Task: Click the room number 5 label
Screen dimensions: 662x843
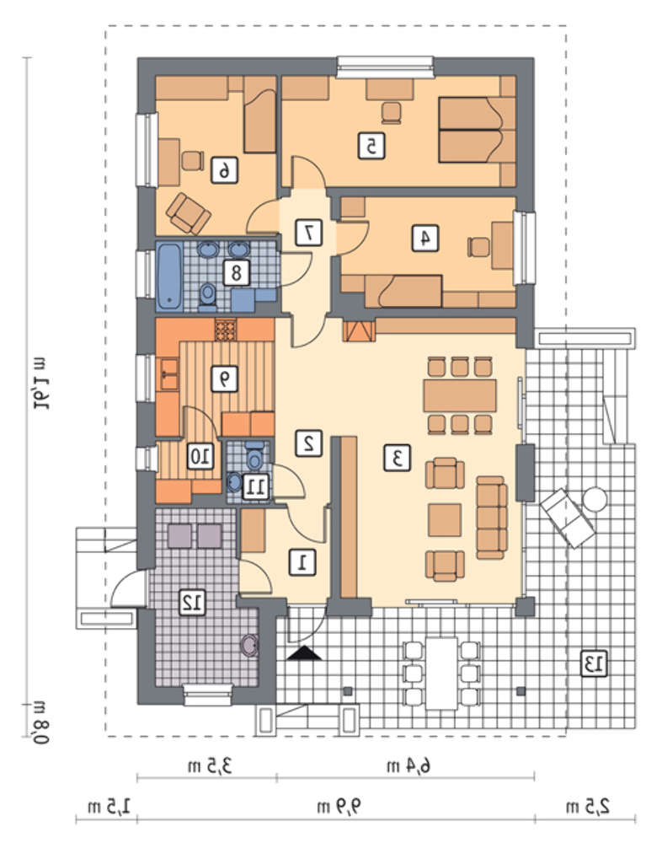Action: [x=371, y=145]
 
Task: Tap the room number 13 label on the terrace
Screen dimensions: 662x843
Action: [x=594, y=663]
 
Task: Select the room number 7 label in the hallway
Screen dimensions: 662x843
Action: [x=309, y=233]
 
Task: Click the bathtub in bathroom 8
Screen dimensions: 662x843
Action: [x=169, y=277]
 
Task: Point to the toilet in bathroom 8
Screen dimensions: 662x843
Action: [x=207, y=298]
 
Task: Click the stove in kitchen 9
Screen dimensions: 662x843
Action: [x=226, y=330]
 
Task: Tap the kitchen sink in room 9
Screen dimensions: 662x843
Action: [x=169, y=373]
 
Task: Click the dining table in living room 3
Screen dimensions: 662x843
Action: [x=459, y=395]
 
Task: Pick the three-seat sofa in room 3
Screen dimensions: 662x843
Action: [x=492, y=518]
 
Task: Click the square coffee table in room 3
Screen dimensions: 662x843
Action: [x=445, y=520]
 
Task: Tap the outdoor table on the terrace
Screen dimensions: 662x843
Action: [x=441, y=673]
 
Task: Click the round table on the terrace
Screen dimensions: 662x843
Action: [x=595, y=499]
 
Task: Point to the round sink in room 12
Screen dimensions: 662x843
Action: [x=249, y=645]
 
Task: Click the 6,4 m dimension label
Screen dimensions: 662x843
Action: [x=408, y=765]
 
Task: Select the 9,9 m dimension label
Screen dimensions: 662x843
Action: [x=339, y=806]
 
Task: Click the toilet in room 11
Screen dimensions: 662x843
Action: [x=254, y=456]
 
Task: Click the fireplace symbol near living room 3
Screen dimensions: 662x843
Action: [x=359, y=330]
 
